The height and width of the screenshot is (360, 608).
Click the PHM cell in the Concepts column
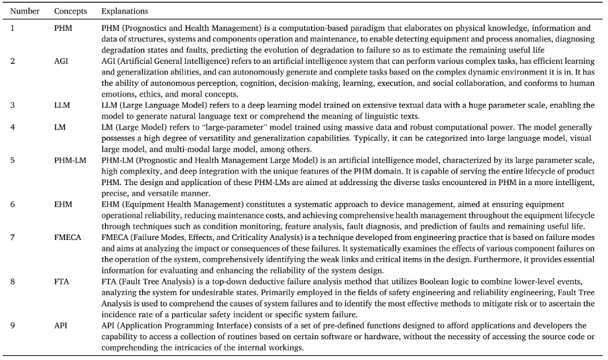(x=62, y=28)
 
